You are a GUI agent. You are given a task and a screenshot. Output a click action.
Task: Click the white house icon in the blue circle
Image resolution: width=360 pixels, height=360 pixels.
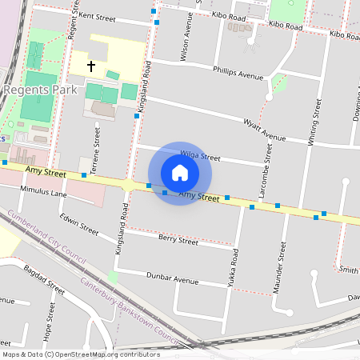click(x=180, y=173)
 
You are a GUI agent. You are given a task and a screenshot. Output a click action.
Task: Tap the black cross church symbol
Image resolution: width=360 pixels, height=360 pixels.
click(x=91, y=66)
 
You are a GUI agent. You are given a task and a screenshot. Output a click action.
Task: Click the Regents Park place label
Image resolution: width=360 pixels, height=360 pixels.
click(x=40, y=90)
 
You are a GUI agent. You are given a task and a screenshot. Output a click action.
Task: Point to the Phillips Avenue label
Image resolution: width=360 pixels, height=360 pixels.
click(x=238, y=73)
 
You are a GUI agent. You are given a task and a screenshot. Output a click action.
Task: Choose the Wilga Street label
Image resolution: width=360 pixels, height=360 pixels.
click(x=199, y=156)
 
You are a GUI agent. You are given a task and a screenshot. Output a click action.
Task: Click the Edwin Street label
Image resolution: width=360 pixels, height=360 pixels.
click(x=78, y=225)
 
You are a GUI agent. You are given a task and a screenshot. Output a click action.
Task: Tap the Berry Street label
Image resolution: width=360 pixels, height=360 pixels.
click(x=178, y=240)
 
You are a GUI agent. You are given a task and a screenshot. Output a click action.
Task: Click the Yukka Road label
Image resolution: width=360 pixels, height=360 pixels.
click(x=234, y=269)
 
